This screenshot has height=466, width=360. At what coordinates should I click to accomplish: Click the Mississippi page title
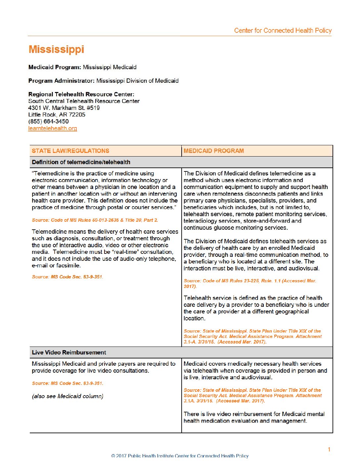(56, 49)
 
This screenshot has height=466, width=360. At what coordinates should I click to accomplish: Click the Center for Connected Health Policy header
(283, 30)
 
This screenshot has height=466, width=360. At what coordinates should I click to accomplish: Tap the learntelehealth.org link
(53, 128)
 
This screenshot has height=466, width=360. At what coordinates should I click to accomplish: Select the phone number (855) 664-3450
(48, 121)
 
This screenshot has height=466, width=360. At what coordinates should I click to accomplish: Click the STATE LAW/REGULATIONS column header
(70, 151)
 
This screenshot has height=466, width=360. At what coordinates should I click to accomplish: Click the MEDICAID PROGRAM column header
(214, 151)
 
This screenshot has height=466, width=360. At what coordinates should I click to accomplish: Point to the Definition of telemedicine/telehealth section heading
(81, 162)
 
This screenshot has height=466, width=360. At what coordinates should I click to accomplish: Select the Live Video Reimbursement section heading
(69, 352)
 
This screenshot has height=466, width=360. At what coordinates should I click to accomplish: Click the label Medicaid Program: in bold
(55, 67)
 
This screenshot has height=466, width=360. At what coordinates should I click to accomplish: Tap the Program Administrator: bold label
(62, 81)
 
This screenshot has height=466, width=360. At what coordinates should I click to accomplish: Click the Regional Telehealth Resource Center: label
(81, 94)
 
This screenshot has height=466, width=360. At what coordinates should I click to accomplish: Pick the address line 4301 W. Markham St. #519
(64, 108)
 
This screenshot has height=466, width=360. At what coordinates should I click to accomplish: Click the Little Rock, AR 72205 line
(57, 115)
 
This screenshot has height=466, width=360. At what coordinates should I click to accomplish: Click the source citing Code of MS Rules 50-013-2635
(95, 220)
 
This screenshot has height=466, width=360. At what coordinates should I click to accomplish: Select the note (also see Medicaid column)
(67, 396)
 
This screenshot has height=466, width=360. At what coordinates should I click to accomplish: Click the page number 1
(329, 449)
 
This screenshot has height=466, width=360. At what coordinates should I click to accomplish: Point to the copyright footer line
(180, 456)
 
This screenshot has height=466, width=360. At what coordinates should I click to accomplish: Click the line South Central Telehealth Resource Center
(84, 101)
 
